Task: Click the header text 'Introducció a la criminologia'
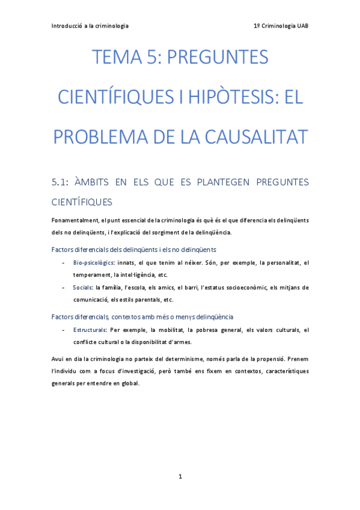point(90,26)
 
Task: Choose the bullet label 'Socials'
point(83,287)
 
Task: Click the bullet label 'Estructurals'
point(90,330)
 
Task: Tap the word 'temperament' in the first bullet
point(92,274)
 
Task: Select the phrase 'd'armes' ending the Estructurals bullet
point(180,342)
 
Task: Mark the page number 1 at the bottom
point(180,477)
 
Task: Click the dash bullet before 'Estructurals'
point(64,330)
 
